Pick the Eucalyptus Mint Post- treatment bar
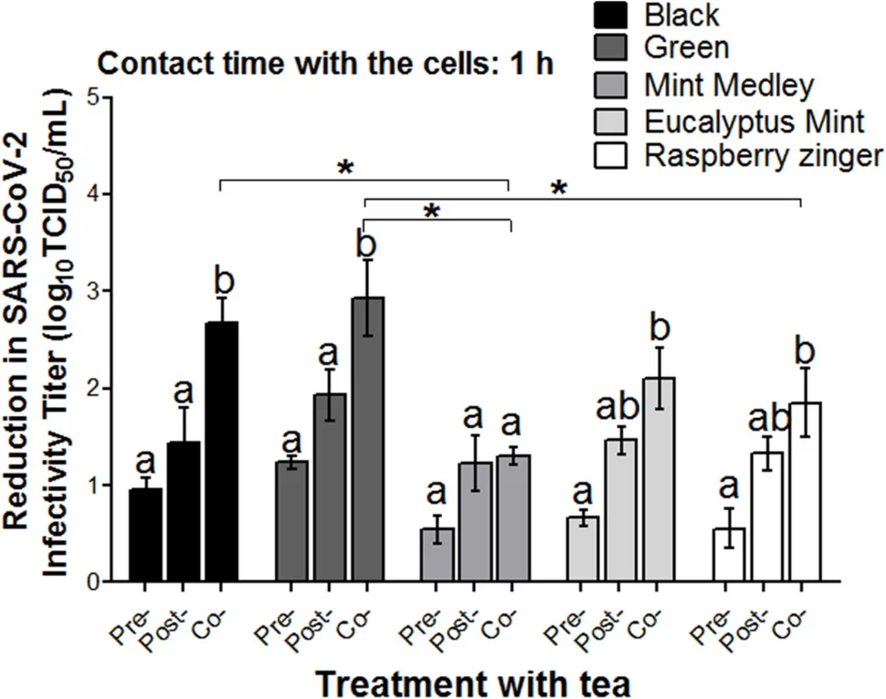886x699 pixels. pos(618,510)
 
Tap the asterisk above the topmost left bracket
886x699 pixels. pos(345,169)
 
